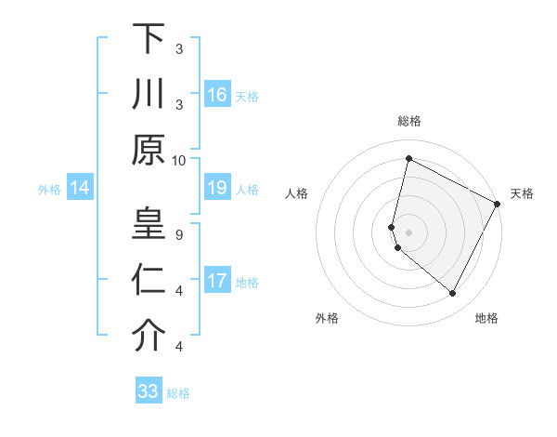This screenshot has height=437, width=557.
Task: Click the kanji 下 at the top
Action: pos(149,39)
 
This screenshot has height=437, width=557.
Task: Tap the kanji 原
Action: pos(149,150)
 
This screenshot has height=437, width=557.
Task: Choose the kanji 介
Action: pos(149,336)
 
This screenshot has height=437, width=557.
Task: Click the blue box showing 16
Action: pos(216,95)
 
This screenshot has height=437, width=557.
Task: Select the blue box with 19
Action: pos(216,189)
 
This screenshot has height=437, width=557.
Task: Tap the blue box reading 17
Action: pos(216,282)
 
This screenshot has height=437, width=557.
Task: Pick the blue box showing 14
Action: pos(80,189)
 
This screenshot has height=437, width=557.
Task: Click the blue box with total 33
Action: pos(149,391)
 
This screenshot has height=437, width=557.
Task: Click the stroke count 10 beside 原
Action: pos(179,160)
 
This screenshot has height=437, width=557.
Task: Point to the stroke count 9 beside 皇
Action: pos(179,234)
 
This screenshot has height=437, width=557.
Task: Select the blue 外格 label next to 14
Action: pos(49,190)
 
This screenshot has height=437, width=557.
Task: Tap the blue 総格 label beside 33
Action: pos(178,393)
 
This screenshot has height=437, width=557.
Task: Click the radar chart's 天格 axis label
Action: pos(522,193)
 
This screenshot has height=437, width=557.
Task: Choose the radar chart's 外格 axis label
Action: pos(327,318)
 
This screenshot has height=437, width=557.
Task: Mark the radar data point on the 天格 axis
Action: pos(499,204)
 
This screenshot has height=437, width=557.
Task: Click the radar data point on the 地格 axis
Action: pos(453,294)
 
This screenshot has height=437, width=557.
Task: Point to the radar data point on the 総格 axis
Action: pos(408,159)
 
